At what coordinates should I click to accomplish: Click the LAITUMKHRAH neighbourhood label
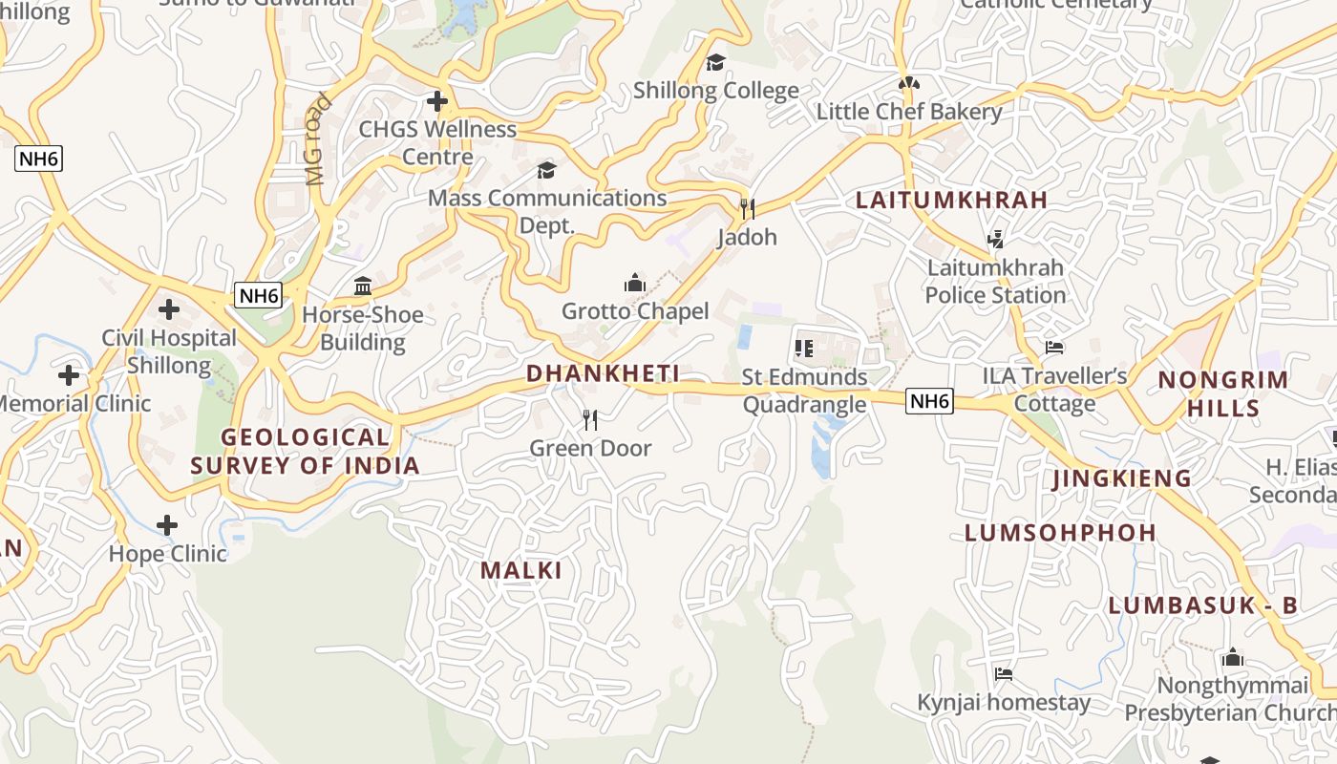(951, 201)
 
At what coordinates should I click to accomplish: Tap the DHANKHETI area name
(603, 373)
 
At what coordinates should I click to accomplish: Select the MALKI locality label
(520, 571)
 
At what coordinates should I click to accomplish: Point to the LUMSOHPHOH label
(1060, 533)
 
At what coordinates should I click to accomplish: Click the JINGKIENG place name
(1122, 478)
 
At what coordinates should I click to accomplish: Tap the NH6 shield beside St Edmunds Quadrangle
(929, 401)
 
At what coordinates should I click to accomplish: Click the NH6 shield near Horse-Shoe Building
(259, 295)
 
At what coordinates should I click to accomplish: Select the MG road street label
(317, 138)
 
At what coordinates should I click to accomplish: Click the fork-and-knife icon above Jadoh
(748, 208)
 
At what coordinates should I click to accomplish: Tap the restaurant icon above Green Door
(590, 419)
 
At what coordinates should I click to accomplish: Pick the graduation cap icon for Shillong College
(715, 63)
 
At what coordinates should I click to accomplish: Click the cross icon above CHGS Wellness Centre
(437, 100)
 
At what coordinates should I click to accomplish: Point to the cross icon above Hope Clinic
(167, 525)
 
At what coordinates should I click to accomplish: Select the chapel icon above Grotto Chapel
(635, 283)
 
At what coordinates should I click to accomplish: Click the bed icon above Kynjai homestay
(1003, 674)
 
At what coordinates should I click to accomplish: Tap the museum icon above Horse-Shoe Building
(363, 286)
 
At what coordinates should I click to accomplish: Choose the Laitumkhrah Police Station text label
(995, 282)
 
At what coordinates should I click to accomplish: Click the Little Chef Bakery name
(908, 112)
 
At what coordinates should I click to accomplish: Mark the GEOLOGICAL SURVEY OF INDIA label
(306, 452)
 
